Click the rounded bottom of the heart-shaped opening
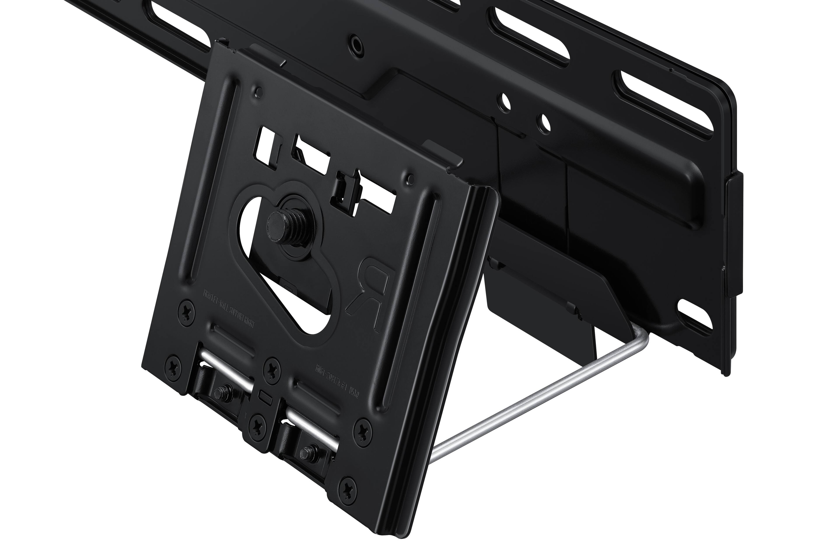(314, 321)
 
